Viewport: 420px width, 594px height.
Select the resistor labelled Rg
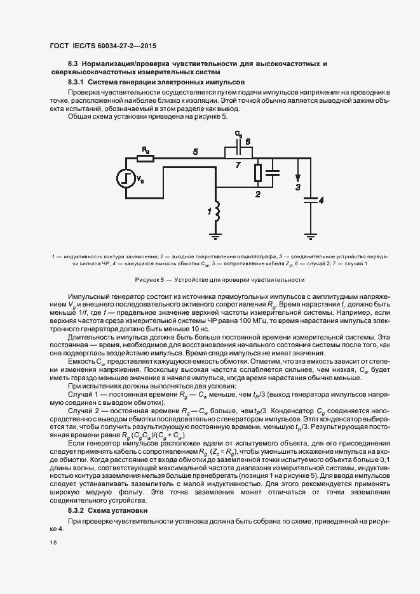146,158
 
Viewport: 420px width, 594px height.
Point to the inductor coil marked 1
216,213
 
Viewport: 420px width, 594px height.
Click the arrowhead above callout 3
297,178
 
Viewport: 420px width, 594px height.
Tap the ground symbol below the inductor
216,235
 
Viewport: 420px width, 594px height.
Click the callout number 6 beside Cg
248,142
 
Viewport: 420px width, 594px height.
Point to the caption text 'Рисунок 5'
150,279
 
